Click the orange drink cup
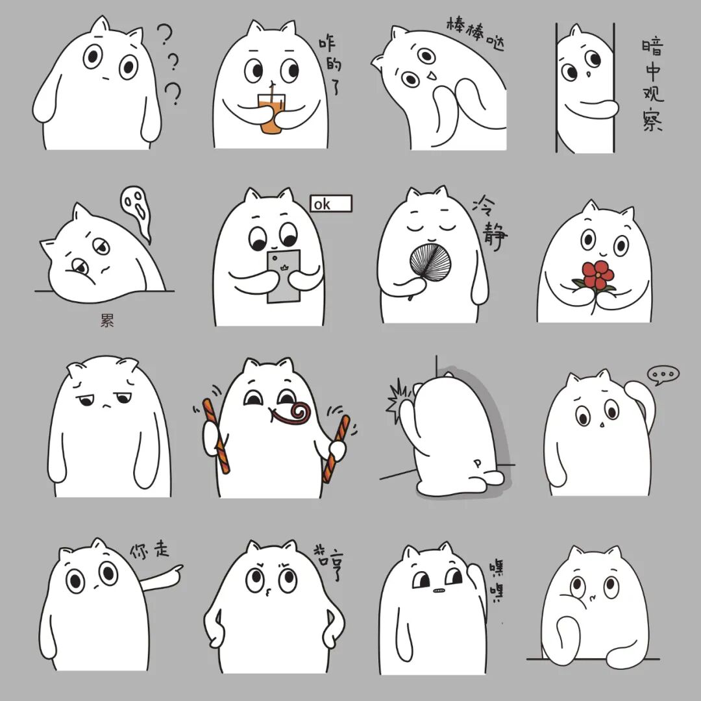[x=271, y=114]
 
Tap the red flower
[x=598, y=275]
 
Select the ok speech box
[x=331, y=203]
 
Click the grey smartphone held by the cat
[x=284, y=277]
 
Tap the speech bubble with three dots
[x=663, y=375]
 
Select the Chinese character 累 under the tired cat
[x=107, y=320]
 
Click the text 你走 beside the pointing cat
[x=150, y=550]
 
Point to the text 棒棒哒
[x=475, y=32]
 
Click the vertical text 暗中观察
[x=652, y=85]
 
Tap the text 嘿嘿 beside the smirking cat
[x=496, y=580]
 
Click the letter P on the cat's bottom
[x=478, y=463]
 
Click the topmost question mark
[x=164, y=34]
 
